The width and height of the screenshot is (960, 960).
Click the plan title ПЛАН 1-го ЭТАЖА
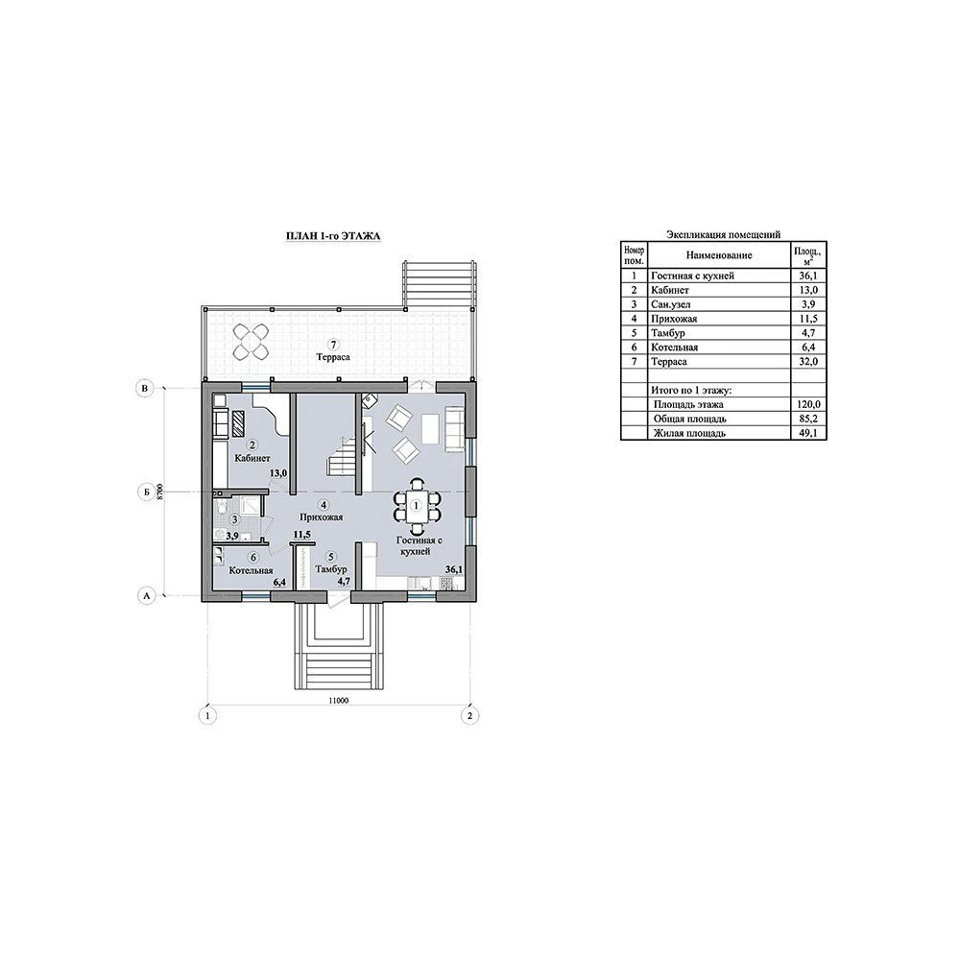click(334, 236)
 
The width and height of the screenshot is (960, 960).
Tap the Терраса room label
click(334, 357)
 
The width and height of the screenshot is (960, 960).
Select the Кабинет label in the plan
click(252, 458)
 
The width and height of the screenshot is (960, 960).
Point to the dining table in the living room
click(417, 506)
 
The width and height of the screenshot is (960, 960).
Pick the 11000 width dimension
click(338, 701)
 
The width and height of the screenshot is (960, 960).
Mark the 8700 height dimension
click(159, 492)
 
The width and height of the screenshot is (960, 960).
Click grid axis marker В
click(145, 388)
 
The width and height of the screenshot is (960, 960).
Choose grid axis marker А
click(146, 595)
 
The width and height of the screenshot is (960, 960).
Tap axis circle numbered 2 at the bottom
click(469, 715)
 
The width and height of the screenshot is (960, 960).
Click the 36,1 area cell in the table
click(808, 276)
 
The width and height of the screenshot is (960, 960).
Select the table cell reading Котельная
click(674, 348)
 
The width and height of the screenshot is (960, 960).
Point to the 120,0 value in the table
click(808, 405)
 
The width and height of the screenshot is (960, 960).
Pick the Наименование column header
click(719, 255)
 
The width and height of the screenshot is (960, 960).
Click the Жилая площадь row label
click(689, 434)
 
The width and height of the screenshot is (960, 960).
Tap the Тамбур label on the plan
click(331, 569)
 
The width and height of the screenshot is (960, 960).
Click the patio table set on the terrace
click(251, 342)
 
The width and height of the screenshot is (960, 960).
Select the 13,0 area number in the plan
click(278, 472)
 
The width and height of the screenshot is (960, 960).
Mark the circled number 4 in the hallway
click(324, 505)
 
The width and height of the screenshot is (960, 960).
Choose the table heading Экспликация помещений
click(723, 234)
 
